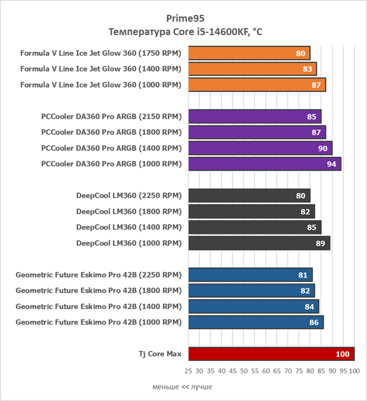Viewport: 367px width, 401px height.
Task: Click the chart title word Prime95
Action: tap(183, 18)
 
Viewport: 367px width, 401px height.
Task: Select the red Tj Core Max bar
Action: tap(271, 354)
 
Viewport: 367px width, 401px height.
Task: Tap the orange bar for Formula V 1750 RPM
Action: tap(249, 53)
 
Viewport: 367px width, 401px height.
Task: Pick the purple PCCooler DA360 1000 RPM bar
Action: tap(265, 164)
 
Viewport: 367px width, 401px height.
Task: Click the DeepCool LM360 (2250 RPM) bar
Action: tap(249, 196)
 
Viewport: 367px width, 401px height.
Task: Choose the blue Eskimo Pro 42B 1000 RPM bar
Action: tap(256, 322)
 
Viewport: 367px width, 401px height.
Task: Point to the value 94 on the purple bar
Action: tap(331, 164)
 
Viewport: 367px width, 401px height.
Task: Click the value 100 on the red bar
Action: tap(342, 354)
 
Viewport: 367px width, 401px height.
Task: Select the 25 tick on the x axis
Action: tap(189, 371)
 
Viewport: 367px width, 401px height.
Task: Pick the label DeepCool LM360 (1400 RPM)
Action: tap(128, 227)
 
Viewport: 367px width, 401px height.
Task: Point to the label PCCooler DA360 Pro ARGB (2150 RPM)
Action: tap(111, 116)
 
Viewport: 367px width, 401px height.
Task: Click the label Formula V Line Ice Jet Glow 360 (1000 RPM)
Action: tap(100, 85)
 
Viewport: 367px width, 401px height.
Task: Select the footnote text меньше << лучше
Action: tap(182, 387)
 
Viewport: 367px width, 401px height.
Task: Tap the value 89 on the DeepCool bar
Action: tap(320, 243)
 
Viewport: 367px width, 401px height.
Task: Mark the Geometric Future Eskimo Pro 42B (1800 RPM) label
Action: tap(98, 291)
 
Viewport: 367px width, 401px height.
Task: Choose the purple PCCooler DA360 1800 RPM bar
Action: tap(257, 132)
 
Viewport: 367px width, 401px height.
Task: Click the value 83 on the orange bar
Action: tap(307, 69)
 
